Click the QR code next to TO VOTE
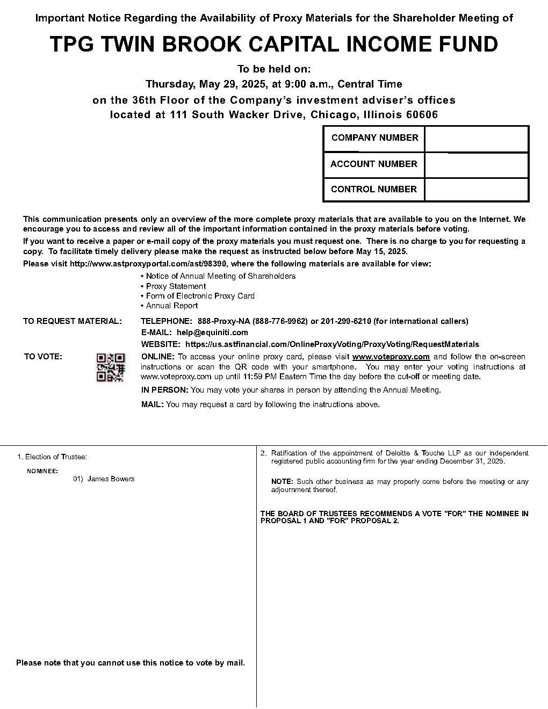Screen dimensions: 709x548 pyautogui.click(x=110, y=367)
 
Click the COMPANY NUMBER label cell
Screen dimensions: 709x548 pyautogui.click(x=374, y=138)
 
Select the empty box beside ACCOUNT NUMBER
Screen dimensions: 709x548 pyautogui.click(x=477, y=164)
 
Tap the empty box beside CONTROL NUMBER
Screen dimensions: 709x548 pyautogui.click(x=477, y=190)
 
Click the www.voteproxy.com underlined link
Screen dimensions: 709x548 pyautogui.click(x=391, y=357)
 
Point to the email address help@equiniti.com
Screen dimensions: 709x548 pyautogui.click(x=212, y=333)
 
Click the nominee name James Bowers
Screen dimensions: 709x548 pyautogui.click(x=111, y=479)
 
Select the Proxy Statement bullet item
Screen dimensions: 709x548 pyautogui.click(x=176, y=286)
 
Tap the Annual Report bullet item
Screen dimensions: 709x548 pyautogui.click(x=172, y=306)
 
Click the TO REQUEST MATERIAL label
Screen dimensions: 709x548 pyautogui.click(x=73, y=321)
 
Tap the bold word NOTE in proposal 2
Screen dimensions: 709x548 pyautogui.click(x=282, y=482)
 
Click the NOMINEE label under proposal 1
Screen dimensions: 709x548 pyautogui.click(x=42, y=471)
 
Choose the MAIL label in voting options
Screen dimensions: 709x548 pyautogui.click(x=152, y=404)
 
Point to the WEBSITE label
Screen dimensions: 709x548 pyautogui.click(x=160, y=344)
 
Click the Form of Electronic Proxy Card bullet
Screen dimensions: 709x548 pyautogui.click(x=200, y=296)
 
